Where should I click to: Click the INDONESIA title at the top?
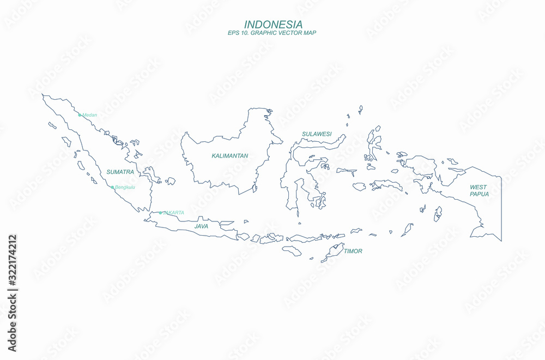(273, 25)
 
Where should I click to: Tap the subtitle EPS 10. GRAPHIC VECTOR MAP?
(272, 33)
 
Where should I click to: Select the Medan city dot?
(80, 115)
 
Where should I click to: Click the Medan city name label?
(89, 115)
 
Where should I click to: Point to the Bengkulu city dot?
(113, 187)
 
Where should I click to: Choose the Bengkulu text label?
(125, 187)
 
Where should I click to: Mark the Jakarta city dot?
(160, 213)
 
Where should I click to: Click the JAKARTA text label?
(173, 213)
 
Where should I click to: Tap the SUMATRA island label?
(120, 172)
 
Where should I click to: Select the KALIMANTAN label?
(230, 156)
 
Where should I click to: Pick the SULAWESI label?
(317, 134)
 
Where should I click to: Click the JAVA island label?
(201, 226)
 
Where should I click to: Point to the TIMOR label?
(353, 251)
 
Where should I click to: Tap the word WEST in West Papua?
(478, 187)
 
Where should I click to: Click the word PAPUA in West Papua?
(480, 194)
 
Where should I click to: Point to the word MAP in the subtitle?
(310, 33)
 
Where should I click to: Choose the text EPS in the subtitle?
(233, 33)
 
